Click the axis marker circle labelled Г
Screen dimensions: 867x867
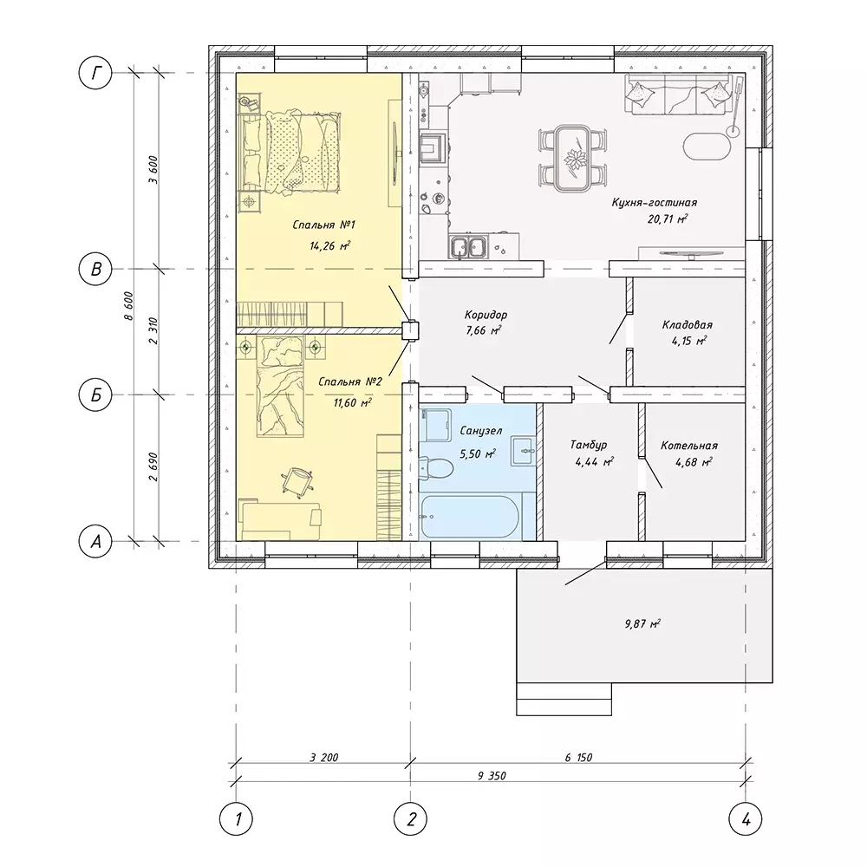[x=95, y=73]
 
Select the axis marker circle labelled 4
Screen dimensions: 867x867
[x=746, y=819]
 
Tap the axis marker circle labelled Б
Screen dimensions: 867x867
[x=95, y=394]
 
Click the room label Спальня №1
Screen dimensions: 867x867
[x=324, y=225]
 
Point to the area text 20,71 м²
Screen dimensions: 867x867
[x=668, y=219]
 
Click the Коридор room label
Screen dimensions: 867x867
[x=486, y=315]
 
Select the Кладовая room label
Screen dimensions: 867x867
[x=688, y=324]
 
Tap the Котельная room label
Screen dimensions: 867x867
[x=689, y=446]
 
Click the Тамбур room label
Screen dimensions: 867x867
[x=589, y=445]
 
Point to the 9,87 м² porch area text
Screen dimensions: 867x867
[x=642, y=624]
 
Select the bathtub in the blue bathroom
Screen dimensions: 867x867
[x=469, y=517]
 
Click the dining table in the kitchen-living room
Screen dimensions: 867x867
[x=572, y=158]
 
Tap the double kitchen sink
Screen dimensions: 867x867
[x=468, y=246]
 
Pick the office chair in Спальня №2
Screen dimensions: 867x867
[x=298, y=480]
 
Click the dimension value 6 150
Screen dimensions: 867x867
[x=578, y=757]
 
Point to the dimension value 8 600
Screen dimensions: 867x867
[x=129, y=306]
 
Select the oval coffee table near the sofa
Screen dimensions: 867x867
[x=707, y=146]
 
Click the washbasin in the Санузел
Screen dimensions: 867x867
[x=523, y=451]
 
